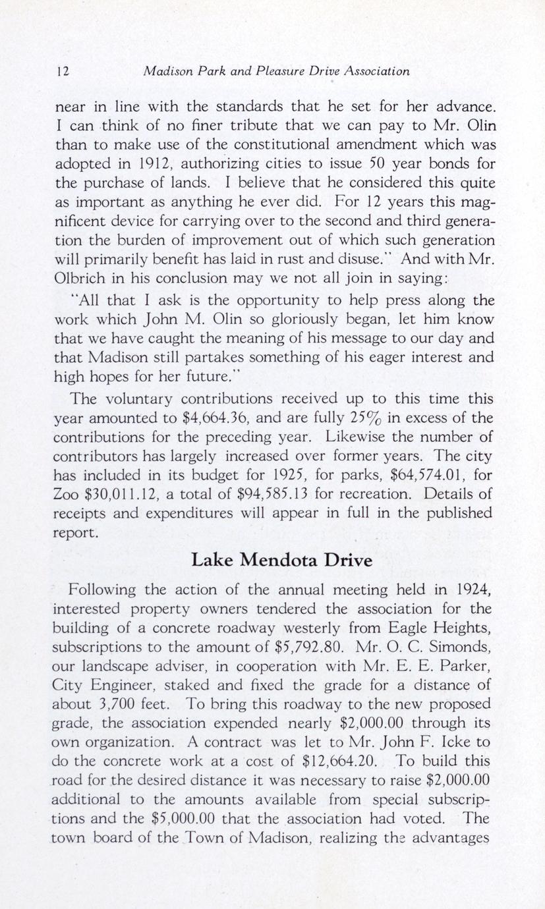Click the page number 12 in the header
click(x=61, y=71)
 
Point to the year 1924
click(x=467, y=588)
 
